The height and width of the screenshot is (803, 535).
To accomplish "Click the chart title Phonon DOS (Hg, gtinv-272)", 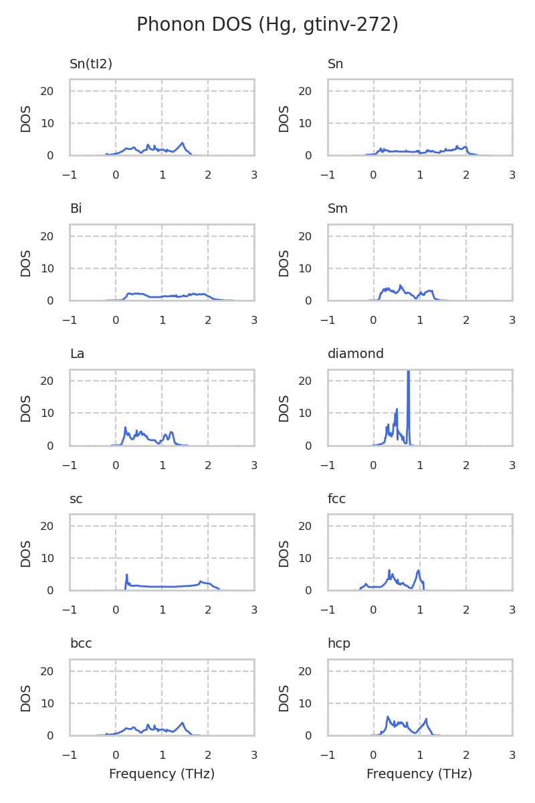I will [x=267, y=25].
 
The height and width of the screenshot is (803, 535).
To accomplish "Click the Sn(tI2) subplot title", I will [x=91, y=64].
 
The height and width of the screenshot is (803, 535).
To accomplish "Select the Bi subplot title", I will [x=76, y=209].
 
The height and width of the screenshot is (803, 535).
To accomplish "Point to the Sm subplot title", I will [x=338, y=209].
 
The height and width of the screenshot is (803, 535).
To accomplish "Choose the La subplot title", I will [x=77, y=354].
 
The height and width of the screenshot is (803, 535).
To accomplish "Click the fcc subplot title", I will [x=336, y=499].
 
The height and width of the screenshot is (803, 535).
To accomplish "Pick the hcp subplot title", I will [x=339, y=644].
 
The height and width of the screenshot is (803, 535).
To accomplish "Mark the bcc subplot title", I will [x=81, y=644].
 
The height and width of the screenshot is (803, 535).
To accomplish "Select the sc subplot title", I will [x=76, y=499].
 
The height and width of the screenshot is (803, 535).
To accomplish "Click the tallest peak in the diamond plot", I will [x=408, y=372].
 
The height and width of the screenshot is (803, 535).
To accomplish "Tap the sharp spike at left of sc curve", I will [x=126, y=575].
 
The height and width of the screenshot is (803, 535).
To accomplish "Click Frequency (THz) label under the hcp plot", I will [x=419, y=774].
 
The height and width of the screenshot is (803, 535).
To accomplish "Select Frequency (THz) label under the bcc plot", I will [x=162, y=774].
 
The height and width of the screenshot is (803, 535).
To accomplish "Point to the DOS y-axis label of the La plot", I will [x=26, y=408].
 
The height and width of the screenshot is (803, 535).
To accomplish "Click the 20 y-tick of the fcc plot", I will [x=305, y=526].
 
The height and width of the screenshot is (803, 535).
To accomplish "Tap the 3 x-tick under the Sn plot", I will [x=512, y=175].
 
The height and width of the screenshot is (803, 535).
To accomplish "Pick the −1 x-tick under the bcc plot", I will [x=70, y=754].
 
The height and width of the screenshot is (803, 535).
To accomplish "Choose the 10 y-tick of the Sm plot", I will [x=305, y=268].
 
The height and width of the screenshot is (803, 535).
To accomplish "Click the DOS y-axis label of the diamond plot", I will [x=284, y=408].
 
